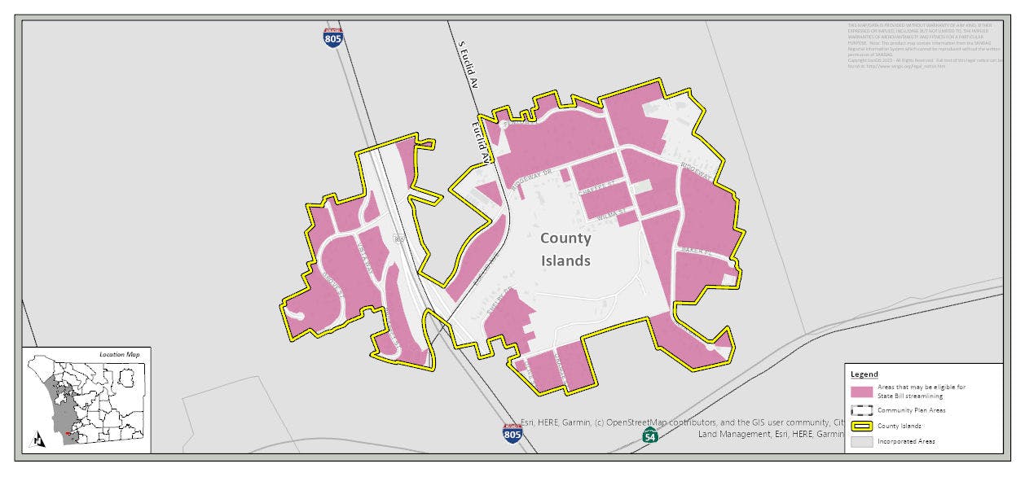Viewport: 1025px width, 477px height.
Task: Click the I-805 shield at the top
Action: point(332,37)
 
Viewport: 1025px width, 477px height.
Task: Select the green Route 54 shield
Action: point(649,435)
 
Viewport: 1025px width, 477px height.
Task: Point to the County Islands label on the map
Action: point(565,250)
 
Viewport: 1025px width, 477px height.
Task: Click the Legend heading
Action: point(864,374)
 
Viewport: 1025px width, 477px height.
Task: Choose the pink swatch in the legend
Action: point(862,392)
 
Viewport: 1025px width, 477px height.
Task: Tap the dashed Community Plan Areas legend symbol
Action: point(862,409)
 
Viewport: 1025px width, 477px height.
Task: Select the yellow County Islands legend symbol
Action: point(862,426)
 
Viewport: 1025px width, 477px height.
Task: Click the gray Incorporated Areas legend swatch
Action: point(862,441)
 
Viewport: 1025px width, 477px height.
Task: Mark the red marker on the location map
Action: point(67,434)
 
